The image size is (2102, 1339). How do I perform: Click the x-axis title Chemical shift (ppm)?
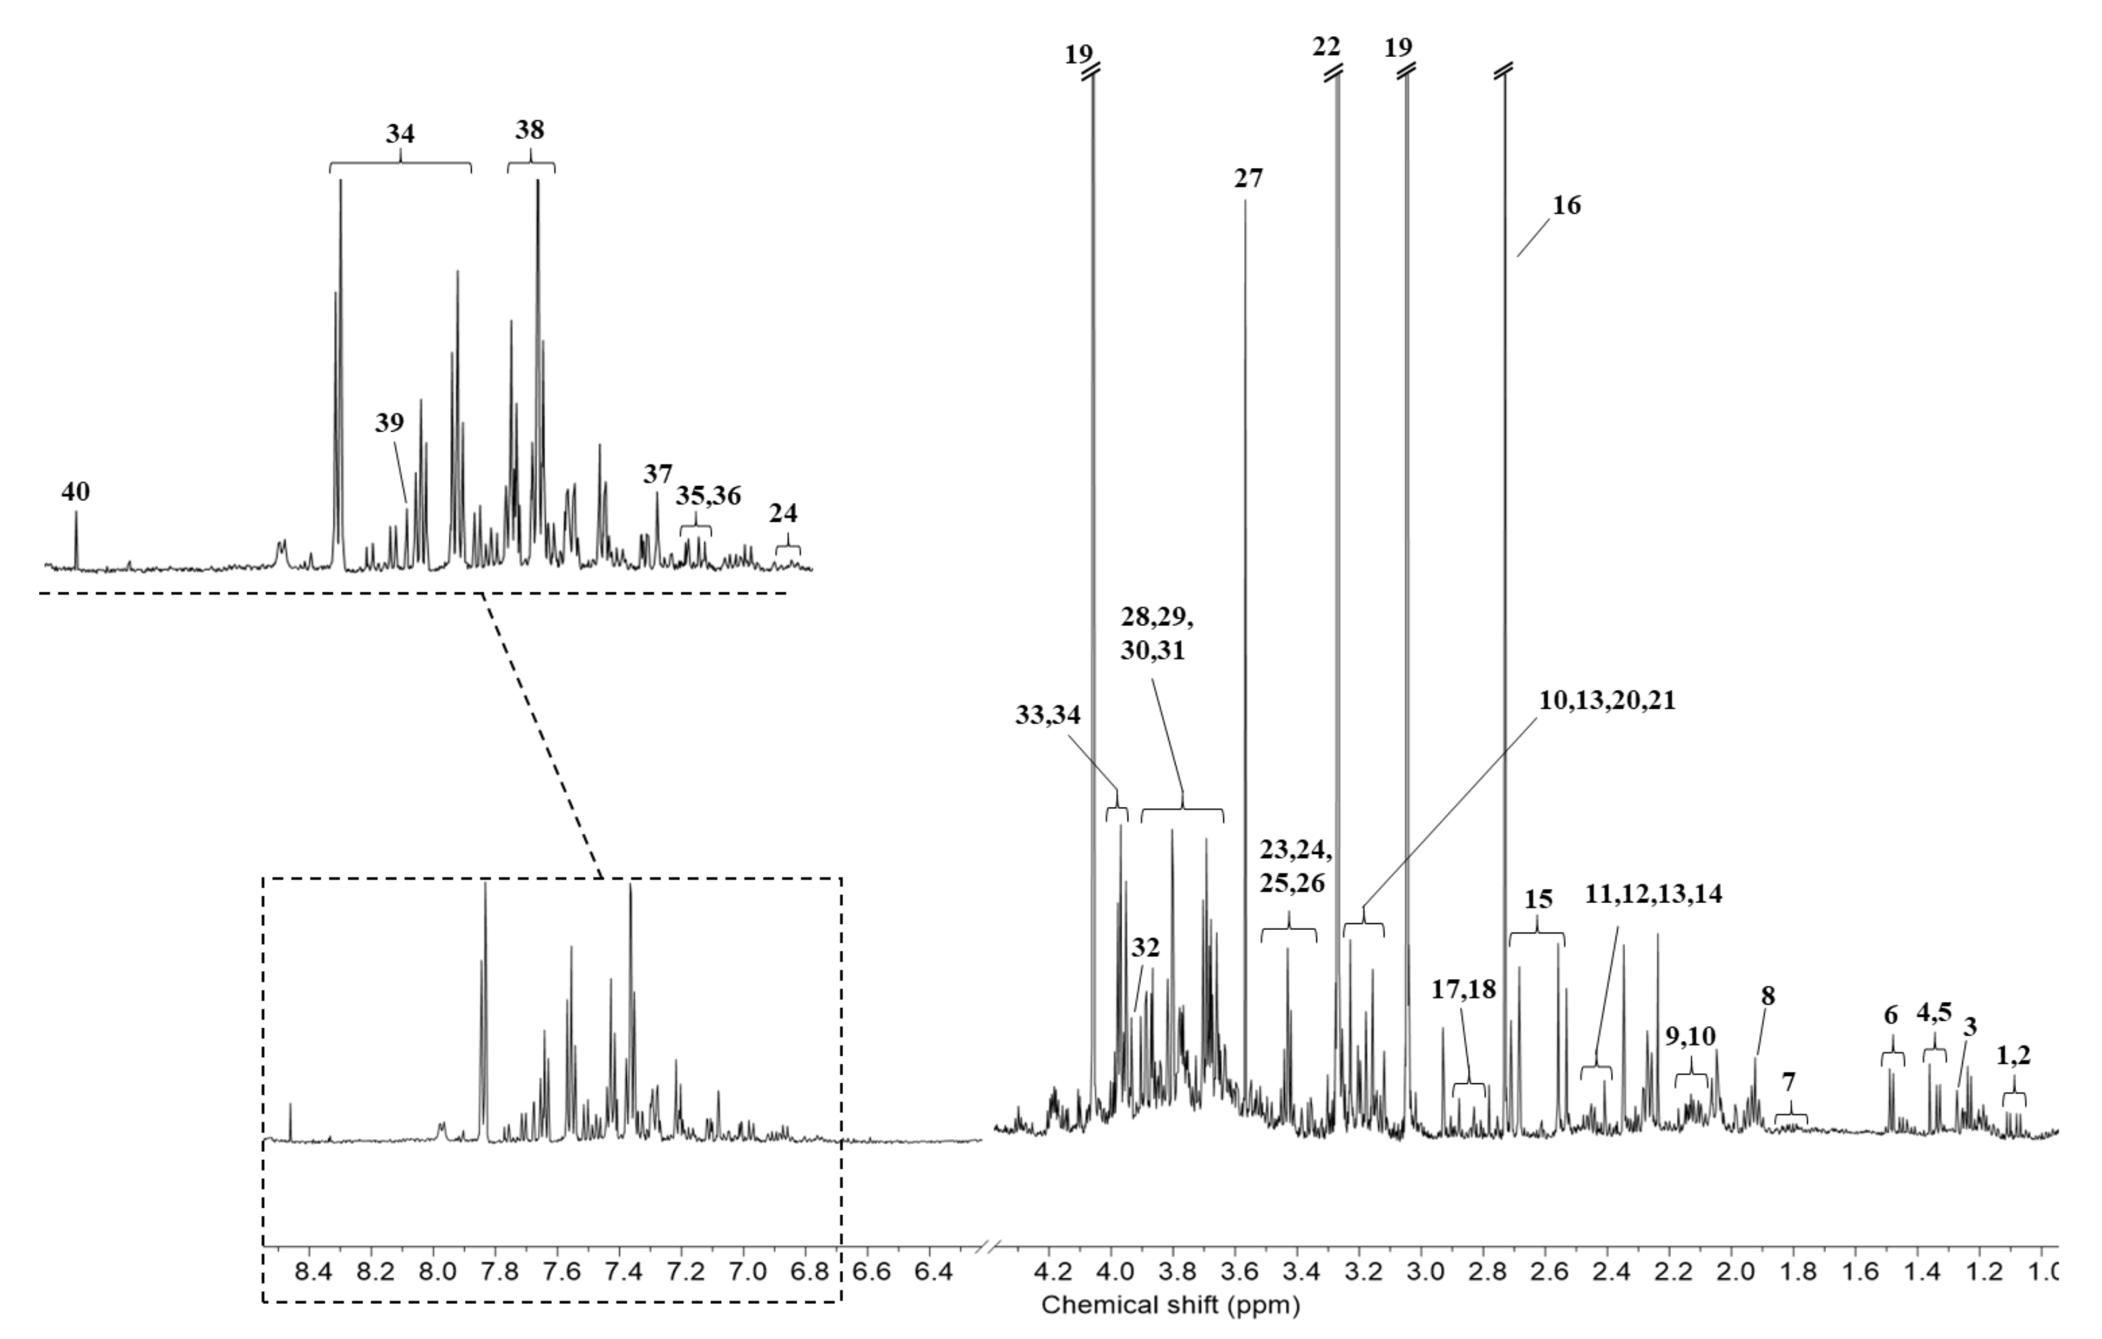pos(1170,1305)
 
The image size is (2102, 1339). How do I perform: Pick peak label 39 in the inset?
pos(389,422)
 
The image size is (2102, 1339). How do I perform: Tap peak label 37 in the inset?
pos(657,474)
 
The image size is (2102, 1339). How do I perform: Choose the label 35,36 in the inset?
pos(708,496)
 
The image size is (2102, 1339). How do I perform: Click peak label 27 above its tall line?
pos(1248,178)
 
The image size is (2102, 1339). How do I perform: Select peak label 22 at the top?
pos(1326,46)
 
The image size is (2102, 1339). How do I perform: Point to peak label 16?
pos(1566,205)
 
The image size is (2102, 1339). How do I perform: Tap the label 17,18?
pos(1464,989)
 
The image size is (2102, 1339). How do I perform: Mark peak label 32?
pos(1145,948)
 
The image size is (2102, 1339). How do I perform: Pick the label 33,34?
pos(1047,715)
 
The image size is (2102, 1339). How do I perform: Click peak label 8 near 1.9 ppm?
pos(1768,996)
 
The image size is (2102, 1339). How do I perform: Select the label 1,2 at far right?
pos(2014,1055)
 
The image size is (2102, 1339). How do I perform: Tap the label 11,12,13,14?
pos(1653,894)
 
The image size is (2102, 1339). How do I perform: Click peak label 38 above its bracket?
pos(530,130)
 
